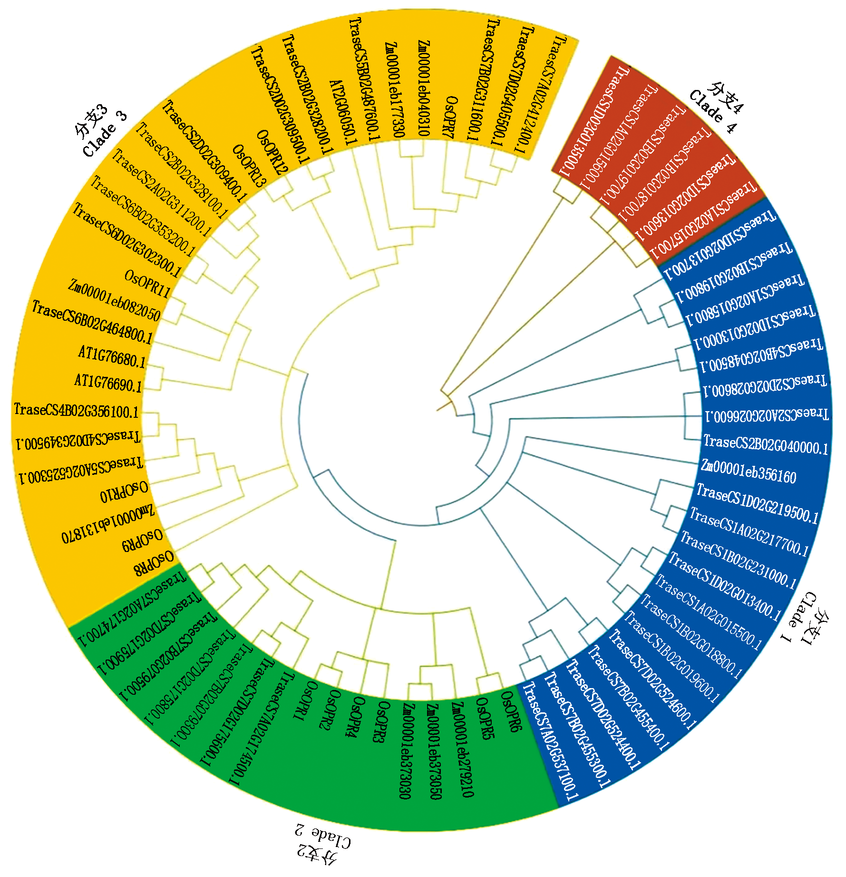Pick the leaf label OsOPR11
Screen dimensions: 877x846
pos(147,284)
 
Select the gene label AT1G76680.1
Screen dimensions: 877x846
pos(112,357)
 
